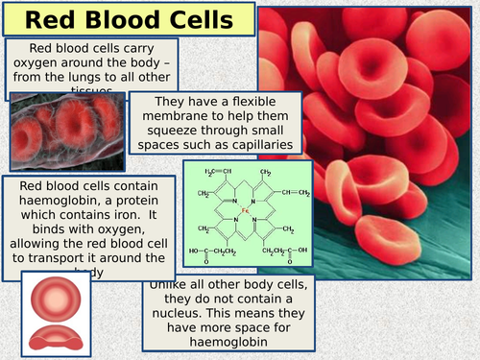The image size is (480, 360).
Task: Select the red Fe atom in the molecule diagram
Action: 246,208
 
